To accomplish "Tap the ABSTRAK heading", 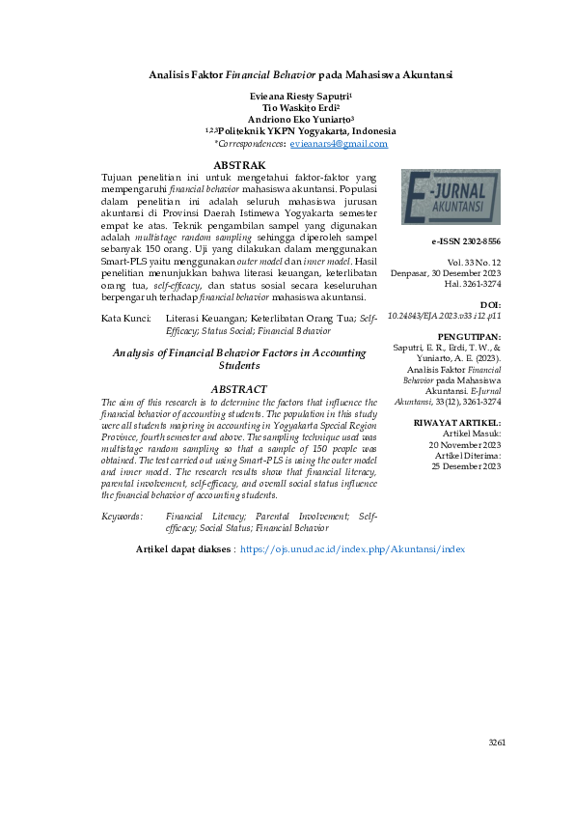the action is click(238, 166).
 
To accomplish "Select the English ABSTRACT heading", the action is click(238, 388).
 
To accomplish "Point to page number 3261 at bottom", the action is click(497, 742).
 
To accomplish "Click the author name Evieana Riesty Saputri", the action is click(300, 97).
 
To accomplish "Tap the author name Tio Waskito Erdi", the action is click(300, 108).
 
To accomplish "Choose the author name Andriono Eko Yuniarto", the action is click(300, 120).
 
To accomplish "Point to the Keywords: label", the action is click(123, 517).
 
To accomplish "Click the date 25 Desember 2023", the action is click(466, 466).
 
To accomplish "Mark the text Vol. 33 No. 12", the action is click(474, 262).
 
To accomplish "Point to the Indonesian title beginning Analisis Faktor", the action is click(300, 74).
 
